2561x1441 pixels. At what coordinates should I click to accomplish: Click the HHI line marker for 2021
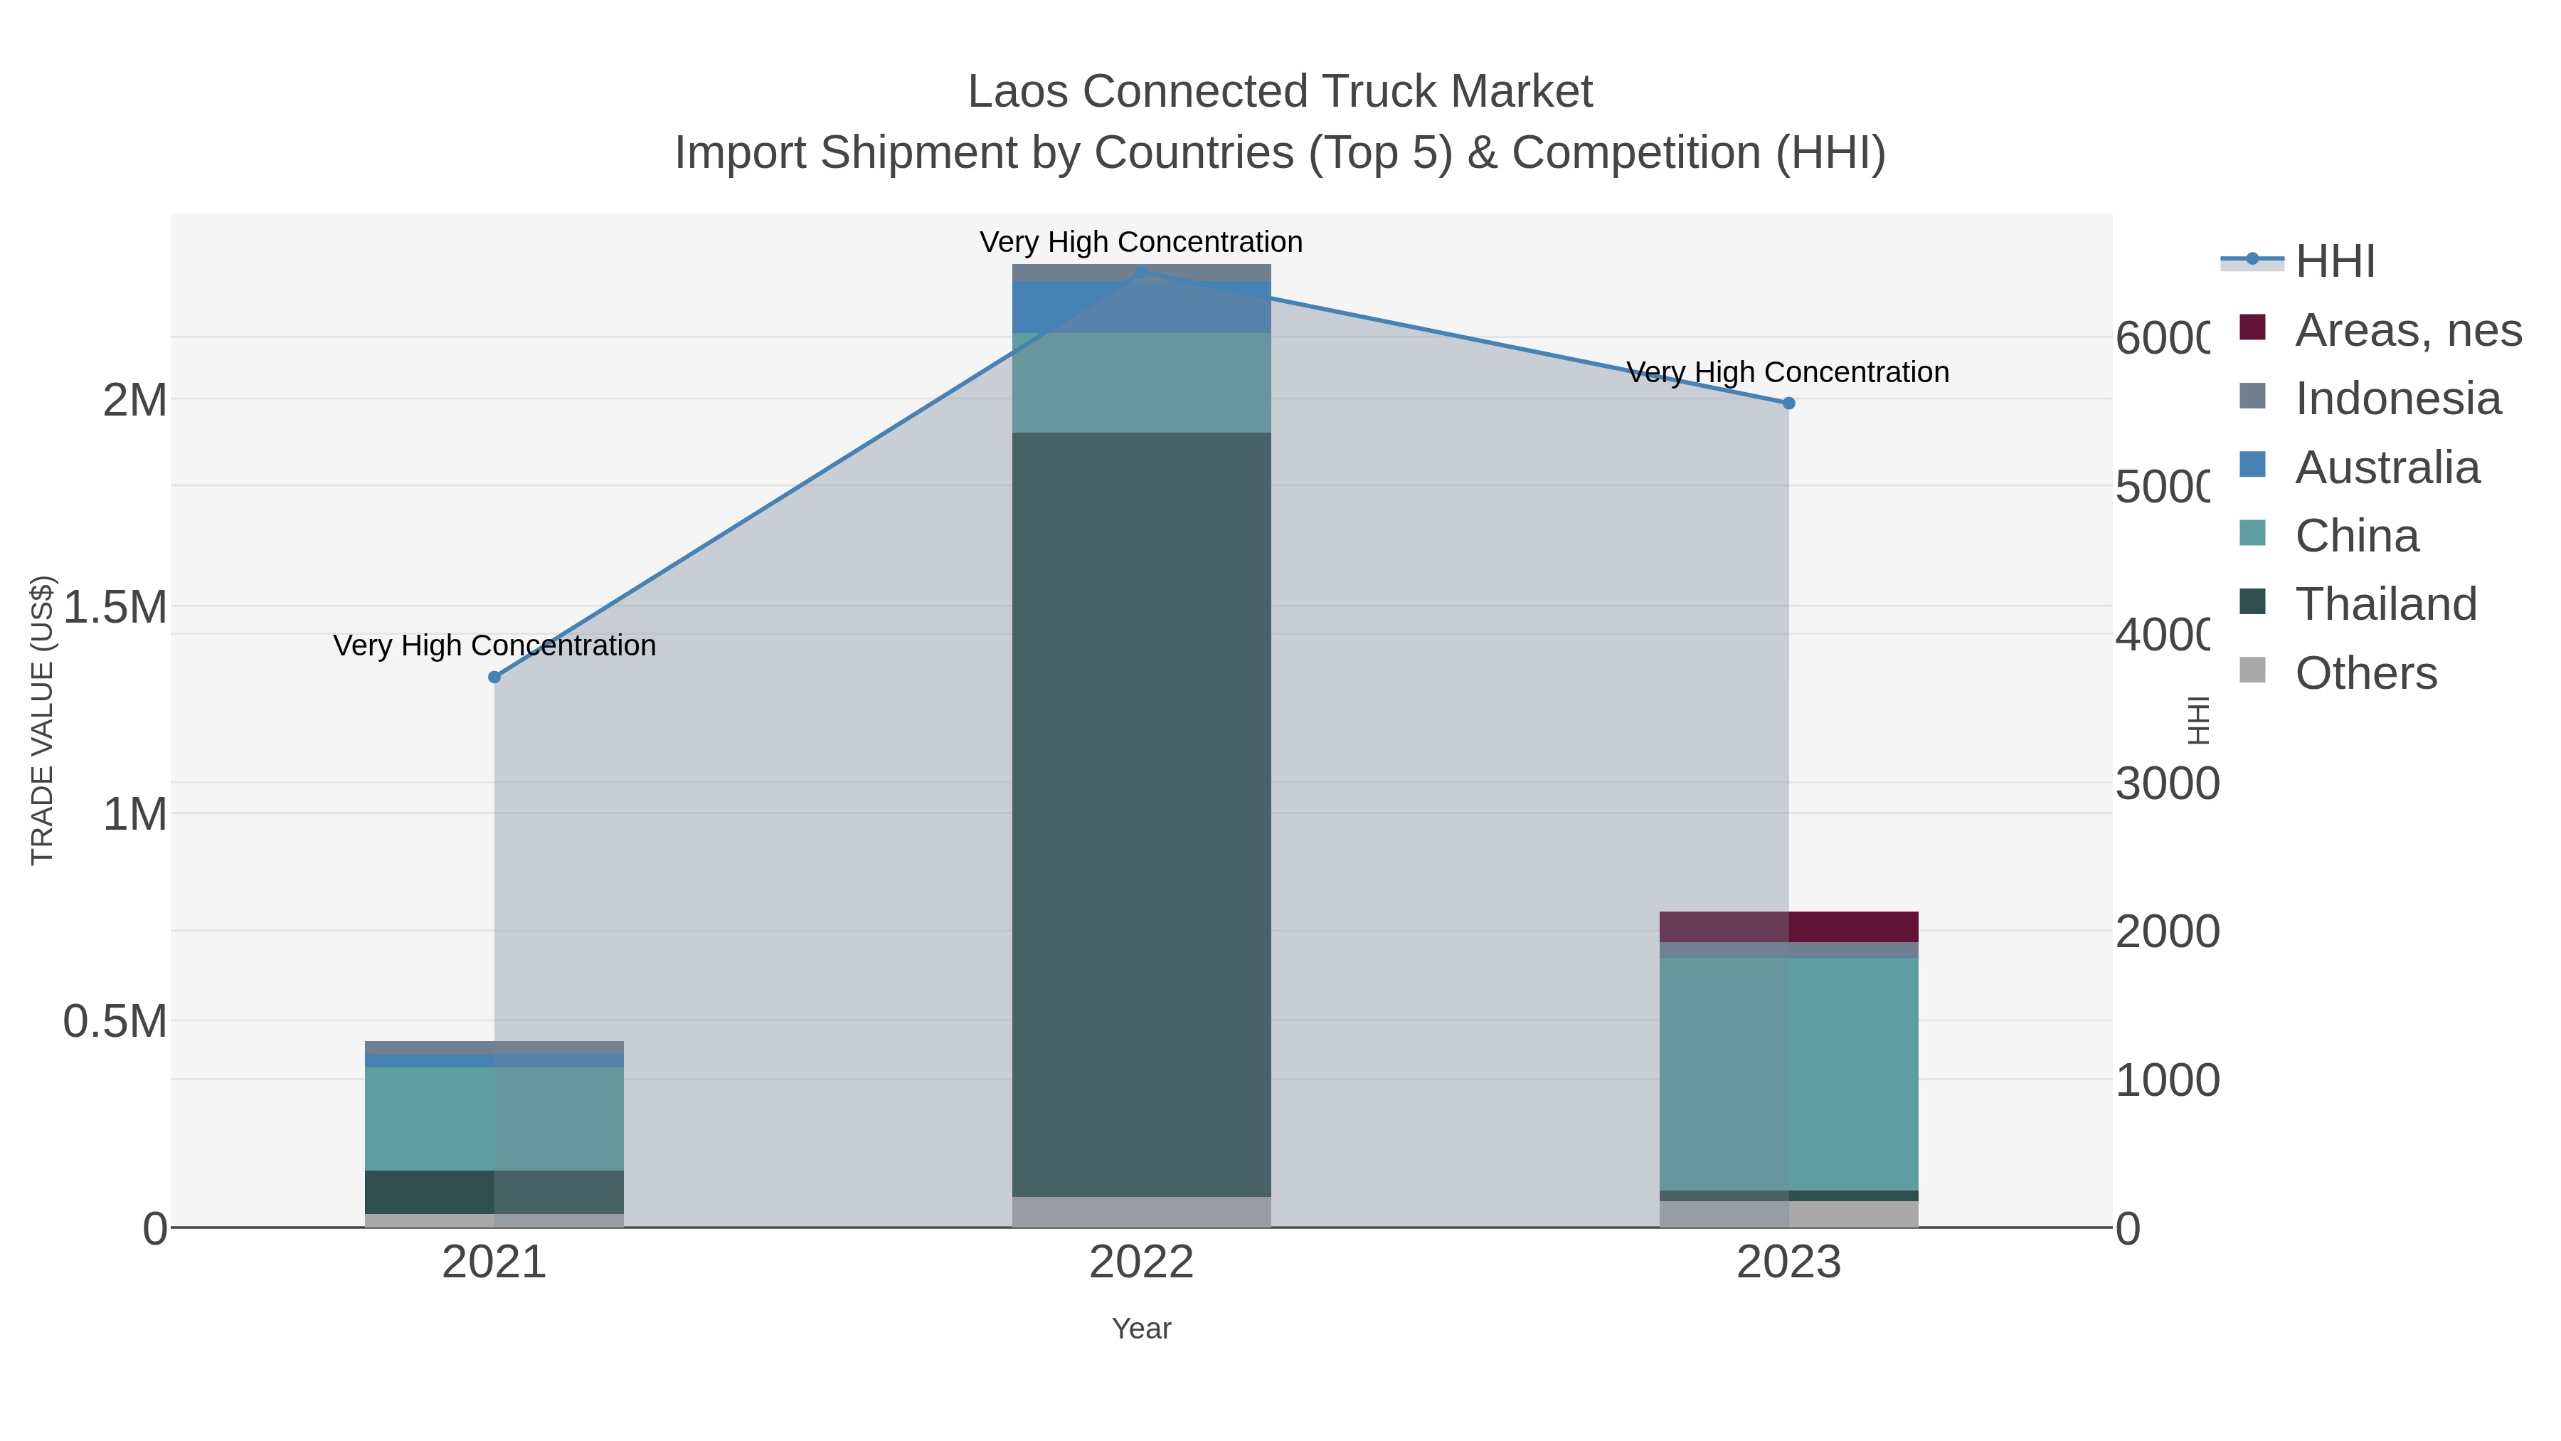[x=494, y=677]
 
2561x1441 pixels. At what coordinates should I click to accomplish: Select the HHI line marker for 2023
[x=1788, y=403]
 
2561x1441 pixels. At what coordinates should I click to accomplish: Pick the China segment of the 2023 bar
[x=1788, y=1073]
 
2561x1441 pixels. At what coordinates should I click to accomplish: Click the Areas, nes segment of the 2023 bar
[x=1788, y=926]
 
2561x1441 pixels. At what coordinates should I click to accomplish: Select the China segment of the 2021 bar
[x=494, y=1119]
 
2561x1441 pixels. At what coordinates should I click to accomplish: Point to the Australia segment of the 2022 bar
[x=1141, y=307]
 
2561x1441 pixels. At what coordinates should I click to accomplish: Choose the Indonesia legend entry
[x=2397, y=398]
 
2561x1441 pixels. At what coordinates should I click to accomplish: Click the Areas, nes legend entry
[x=2407, y=330]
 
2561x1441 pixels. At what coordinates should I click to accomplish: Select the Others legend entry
[x=2365, y=673]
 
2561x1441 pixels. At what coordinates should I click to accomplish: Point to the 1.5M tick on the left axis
[x=115, y=606]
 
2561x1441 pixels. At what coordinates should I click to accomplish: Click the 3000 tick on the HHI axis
[x=2166, y=783]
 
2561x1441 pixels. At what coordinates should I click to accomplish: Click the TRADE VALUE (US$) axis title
[x=42, y=720]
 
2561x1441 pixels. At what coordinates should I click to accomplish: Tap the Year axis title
[x=1141, y=1329]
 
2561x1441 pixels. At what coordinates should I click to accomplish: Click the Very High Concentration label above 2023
[x=1788, y=372]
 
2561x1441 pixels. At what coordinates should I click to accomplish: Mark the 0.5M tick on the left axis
[x=115, y=1021]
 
